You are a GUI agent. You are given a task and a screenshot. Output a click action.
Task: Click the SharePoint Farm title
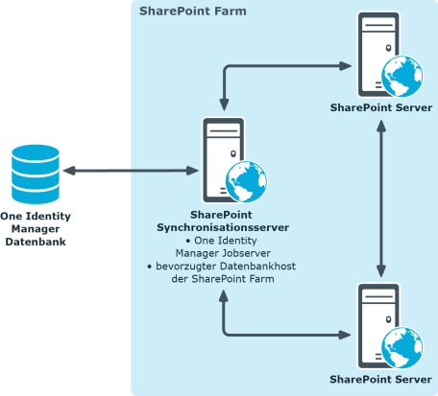(193, 12)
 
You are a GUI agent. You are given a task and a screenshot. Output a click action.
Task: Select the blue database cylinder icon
(36, 175)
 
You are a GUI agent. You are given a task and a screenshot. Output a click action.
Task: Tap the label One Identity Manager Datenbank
(36, 229)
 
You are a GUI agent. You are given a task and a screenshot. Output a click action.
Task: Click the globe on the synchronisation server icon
(246, 181)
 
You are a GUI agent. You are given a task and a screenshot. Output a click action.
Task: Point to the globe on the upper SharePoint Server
(401, 76)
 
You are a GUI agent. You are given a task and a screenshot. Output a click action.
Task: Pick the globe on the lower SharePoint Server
(401, 348)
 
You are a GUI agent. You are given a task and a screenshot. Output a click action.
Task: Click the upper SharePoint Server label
(381, 107)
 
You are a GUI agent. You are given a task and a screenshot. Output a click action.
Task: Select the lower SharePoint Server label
(380, 380)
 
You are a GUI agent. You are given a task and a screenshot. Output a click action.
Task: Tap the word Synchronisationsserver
(223, 227)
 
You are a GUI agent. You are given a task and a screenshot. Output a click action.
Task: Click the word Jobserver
(247, 253)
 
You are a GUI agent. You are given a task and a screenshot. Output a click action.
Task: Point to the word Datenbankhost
(258, 266)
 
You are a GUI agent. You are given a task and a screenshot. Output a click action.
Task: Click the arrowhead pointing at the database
(69, 171)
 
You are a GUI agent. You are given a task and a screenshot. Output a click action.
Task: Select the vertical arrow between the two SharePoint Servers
(381, 198)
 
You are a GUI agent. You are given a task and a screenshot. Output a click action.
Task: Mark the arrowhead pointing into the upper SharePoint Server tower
(346, 66)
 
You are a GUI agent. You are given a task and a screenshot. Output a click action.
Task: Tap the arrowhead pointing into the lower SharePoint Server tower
(345, 335)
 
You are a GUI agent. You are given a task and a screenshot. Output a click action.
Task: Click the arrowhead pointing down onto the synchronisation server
(224, 105)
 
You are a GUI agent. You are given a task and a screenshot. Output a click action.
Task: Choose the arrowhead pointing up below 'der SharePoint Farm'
(224, 296)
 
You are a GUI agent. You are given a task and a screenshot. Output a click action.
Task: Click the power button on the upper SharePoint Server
(388, 48)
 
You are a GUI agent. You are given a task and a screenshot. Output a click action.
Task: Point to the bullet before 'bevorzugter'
(149, 267)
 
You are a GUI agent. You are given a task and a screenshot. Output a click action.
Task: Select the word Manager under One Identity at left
(36, 229)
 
